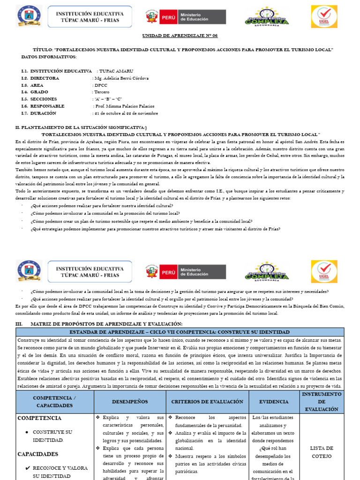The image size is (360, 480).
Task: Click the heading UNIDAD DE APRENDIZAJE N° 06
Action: coord(180,36)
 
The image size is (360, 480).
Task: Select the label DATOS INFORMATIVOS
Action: coord(49,57)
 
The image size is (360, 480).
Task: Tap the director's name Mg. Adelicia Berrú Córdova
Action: coord(121,78)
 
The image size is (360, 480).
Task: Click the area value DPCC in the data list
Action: coord(100,85)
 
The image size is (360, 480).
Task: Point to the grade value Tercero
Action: coord(102,92)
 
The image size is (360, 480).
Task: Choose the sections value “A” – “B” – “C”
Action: coord(108,99)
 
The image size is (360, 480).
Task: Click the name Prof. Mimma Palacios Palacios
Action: coord(124,106)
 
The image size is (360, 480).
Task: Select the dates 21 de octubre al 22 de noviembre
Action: coord(126,113)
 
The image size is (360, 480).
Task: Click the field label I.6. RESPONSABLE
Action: coord(43,106)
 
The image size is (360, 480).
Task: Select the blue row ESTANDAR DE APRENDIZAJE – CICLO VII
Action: coord(180,332)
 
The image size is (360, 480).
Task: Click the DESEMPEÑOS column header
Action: coord(130,402)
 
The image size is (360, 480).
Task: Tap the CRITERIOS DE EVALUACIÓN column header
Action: coord(207,402)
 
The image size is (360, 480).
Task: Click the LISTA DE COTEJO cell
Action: coord(321,452)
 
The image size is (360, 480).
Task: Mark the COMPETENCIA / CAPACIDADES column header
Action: coord(54,402)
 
